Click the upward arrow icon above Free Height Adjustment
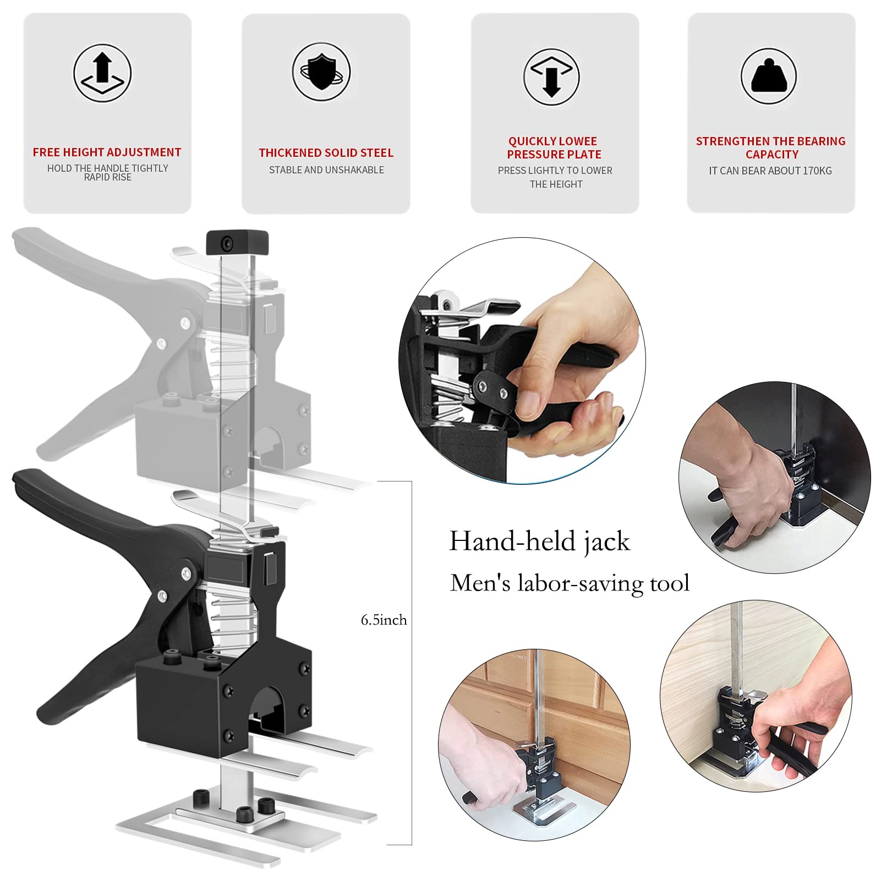(102, 73)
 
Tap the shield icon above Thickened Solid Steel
(321, 72)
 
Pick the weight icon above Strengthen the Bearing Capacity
(769, 76)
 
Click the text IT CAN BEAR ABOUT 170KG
(770, 171)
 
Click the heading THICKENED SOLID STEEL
(326, 152)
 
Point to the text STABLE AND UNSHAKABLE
(326, 170)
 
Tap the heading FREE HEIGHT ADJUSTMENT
(107, 152)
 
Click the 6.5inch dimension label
(384, 620)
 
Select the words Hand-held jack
(539, 541)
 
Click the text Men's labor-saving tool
(570, 583)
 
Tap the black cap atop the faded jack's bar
(237, 243)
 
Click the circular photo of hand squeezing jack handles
(522, 360)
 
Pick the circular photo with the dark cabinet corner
(774, 477)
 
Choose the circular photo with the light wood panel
(756, 696)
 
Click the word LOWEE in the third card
(576, 141)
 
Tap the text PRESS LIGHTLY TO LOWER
(555, 171)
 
